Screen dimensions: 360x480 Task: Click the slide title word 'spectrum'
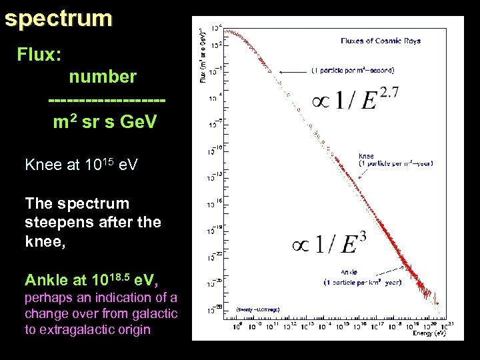pyautogui.click(x=58, y=19)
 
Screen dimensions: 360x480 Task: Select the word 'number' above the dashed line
pyautogui.click(x=103, y=77)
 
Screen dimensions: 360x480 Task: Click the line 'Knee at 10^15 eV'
pyautogui.click(x=81, y=164)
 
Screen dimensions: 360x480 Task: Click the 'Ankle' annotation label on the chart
pyautogui.click(x=349, y=271)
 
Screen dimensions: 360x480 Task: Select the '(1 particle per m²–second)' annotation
pyautogui.click(x=352, y=70)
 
